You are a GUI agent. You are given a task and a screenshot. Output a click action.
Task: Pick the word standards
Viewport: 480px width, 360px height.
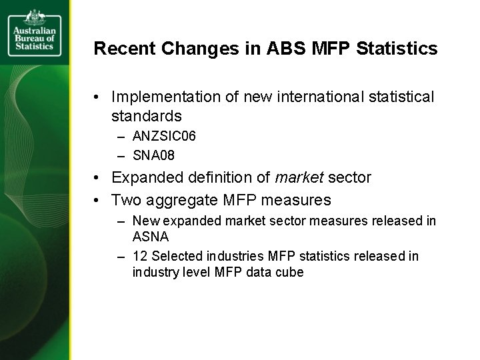pyautogui.click(x=147, y=116)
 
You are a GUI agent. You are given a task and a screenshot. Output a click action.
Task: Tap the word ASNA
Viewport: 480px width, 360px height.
pyautogui.click(x=149, y=236)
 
